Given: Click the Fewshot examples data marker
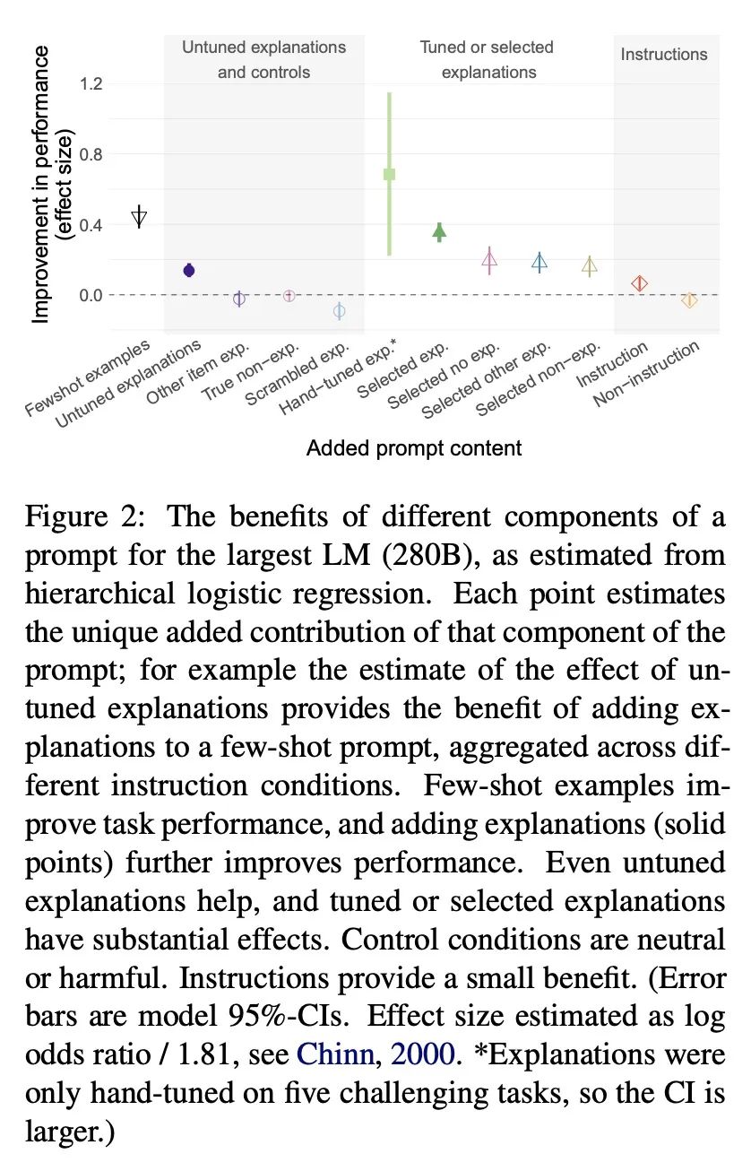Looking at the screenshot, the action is [139, 215].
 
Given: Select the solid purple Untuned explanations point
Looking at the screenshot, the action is [189, 270].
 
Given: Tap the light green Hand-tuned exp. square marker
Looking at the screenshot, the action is [389, 174].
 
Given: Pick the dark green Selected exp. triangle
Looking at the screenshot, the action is [439, 231].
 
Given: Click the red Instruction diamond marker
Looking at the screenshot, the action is [639, 284].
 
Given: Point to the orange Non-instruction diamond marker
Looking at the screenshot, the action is [689, 300].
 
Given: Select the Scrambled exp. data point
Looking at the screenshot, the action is [339, 311].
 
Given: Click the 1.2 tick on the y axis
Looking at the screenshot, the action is [91, 83].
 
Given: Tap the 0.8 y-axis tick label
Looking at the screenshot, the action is [91, 155].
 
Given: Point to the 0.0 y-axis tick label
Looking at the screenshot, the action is [91, 296].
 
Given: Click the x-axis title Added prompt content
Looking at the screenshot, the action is [414, 448].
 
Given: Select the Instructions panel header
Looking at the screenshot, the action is [664, 55].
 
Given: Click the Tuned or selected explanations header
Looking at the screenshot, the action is [488, 59].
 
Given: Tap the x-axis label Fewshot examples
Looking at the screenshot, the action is [87, 377].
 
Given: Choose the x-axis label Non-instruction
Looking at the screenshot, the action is [646, 374].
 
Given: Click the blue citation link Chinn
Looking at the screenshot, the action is [336, 1054].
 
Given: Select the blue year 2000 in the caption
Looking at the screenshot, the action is [423, 1054].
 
